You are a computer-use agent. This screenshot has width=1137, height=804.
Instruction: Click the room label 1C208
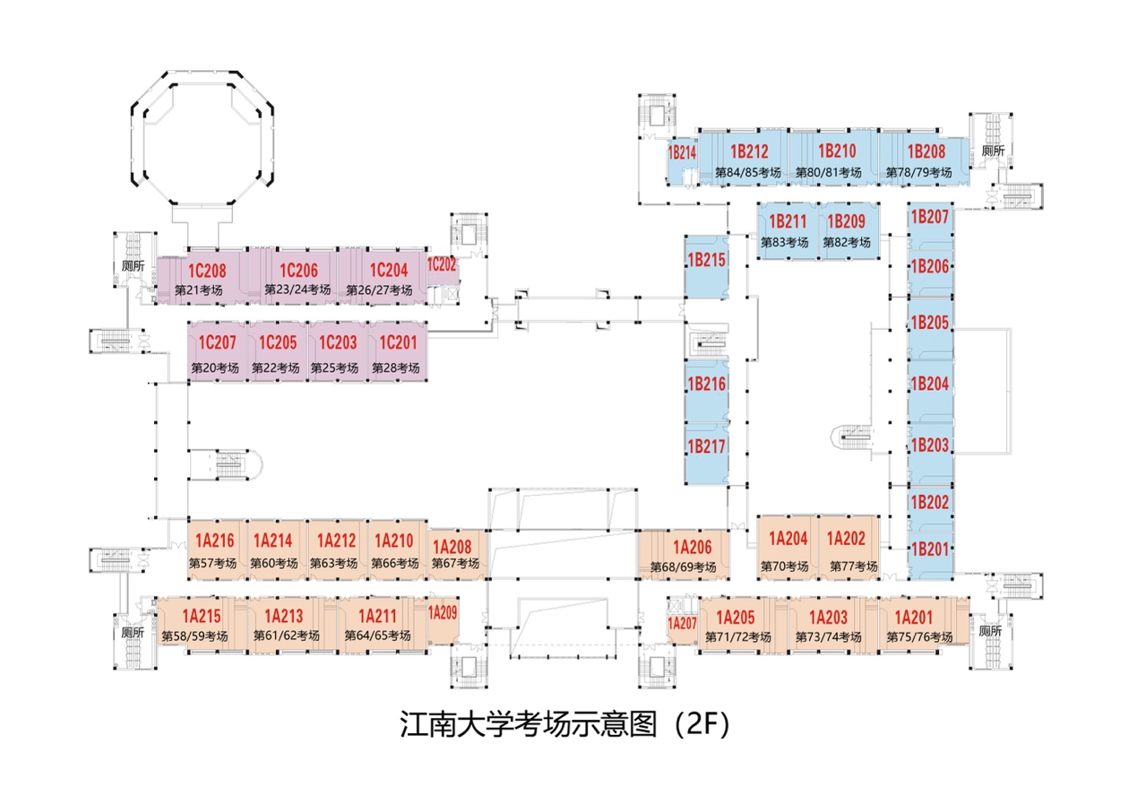pyautogui.click(x=206, y=271)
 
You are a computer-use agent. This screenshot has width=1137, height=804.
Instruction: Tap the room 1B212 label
pyautogui.click(x=749, y=151)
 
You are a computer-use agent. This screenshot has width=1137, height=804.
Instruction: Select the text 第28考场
pyautogui.click(x=395, y=367)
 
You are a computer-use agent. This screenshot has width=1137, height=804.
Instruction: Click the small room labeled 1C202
pyautogui.click(x=442, y=265)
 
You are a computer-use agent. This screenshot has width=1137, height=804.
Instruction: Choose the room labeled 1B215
pyautogui.click(x=705, y=261)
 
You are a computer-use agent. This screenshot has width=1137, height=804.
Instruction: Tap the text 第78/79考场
pyautogui.click(x=918, y=172)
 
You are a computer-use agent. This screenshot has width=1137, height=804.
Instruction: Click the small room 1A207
pyautogui.click(x=682, y=623)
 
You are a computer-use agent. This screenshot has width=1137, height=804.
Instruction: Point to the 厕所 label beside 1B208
pyautogui.click(x=994, y=151)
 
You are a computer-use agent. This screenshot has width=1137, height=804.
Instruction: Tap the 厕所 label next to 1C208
pyautogui.click(x=134, y=266)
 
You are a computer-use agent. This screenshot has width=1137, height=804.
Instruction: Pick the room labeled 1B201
pyautogui.click(x=929, y=549)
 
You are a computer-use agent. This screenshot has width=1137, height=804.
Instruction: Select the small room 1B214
pyautogui.click(x=682, y=153)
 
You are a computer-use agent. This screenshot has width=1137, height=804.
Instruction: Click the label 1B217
pyautogui.click(x=705, y=445)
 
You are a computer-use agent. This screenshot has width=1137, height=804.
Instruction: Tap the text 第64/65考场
pyautogui.click(x=377, y=635)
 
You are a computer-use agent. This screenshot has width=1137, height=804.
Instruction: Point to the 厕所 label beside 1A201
pyautogui.click(x=990, y=631)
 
